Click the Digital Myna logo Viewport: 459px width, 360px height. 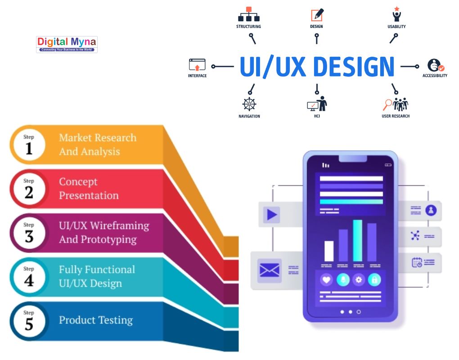67,44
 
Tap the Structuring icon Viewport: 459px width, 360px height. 248,14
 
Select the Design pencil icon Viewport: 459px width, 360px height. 317,15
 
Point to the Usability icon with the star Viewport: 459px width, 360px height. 396,14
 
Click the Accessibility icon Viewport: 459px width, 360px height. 435,66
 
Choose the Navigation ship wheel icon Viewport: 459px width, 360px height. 249,104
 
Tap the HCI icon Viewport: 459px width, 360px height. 317,104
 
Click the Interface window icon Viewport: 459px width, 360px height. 197,65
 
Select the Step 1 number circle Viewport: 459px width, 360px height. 29,144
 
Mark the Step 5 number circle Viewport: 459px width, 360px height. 29,320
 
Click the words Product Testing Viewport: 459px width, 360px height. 96,320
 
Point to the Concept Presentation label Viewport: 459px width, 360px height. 89,189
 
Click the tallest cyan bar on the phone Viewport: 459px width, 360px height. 358,240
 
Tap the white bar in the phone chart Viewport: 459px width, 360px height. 329,251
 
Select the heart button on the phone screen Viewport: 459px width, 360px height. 326,279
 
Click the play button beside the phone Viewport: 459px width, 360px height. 272,214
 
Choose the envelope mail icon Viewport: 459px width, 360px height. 269,270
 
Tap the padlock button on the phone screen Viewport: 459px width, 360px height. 374,279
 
